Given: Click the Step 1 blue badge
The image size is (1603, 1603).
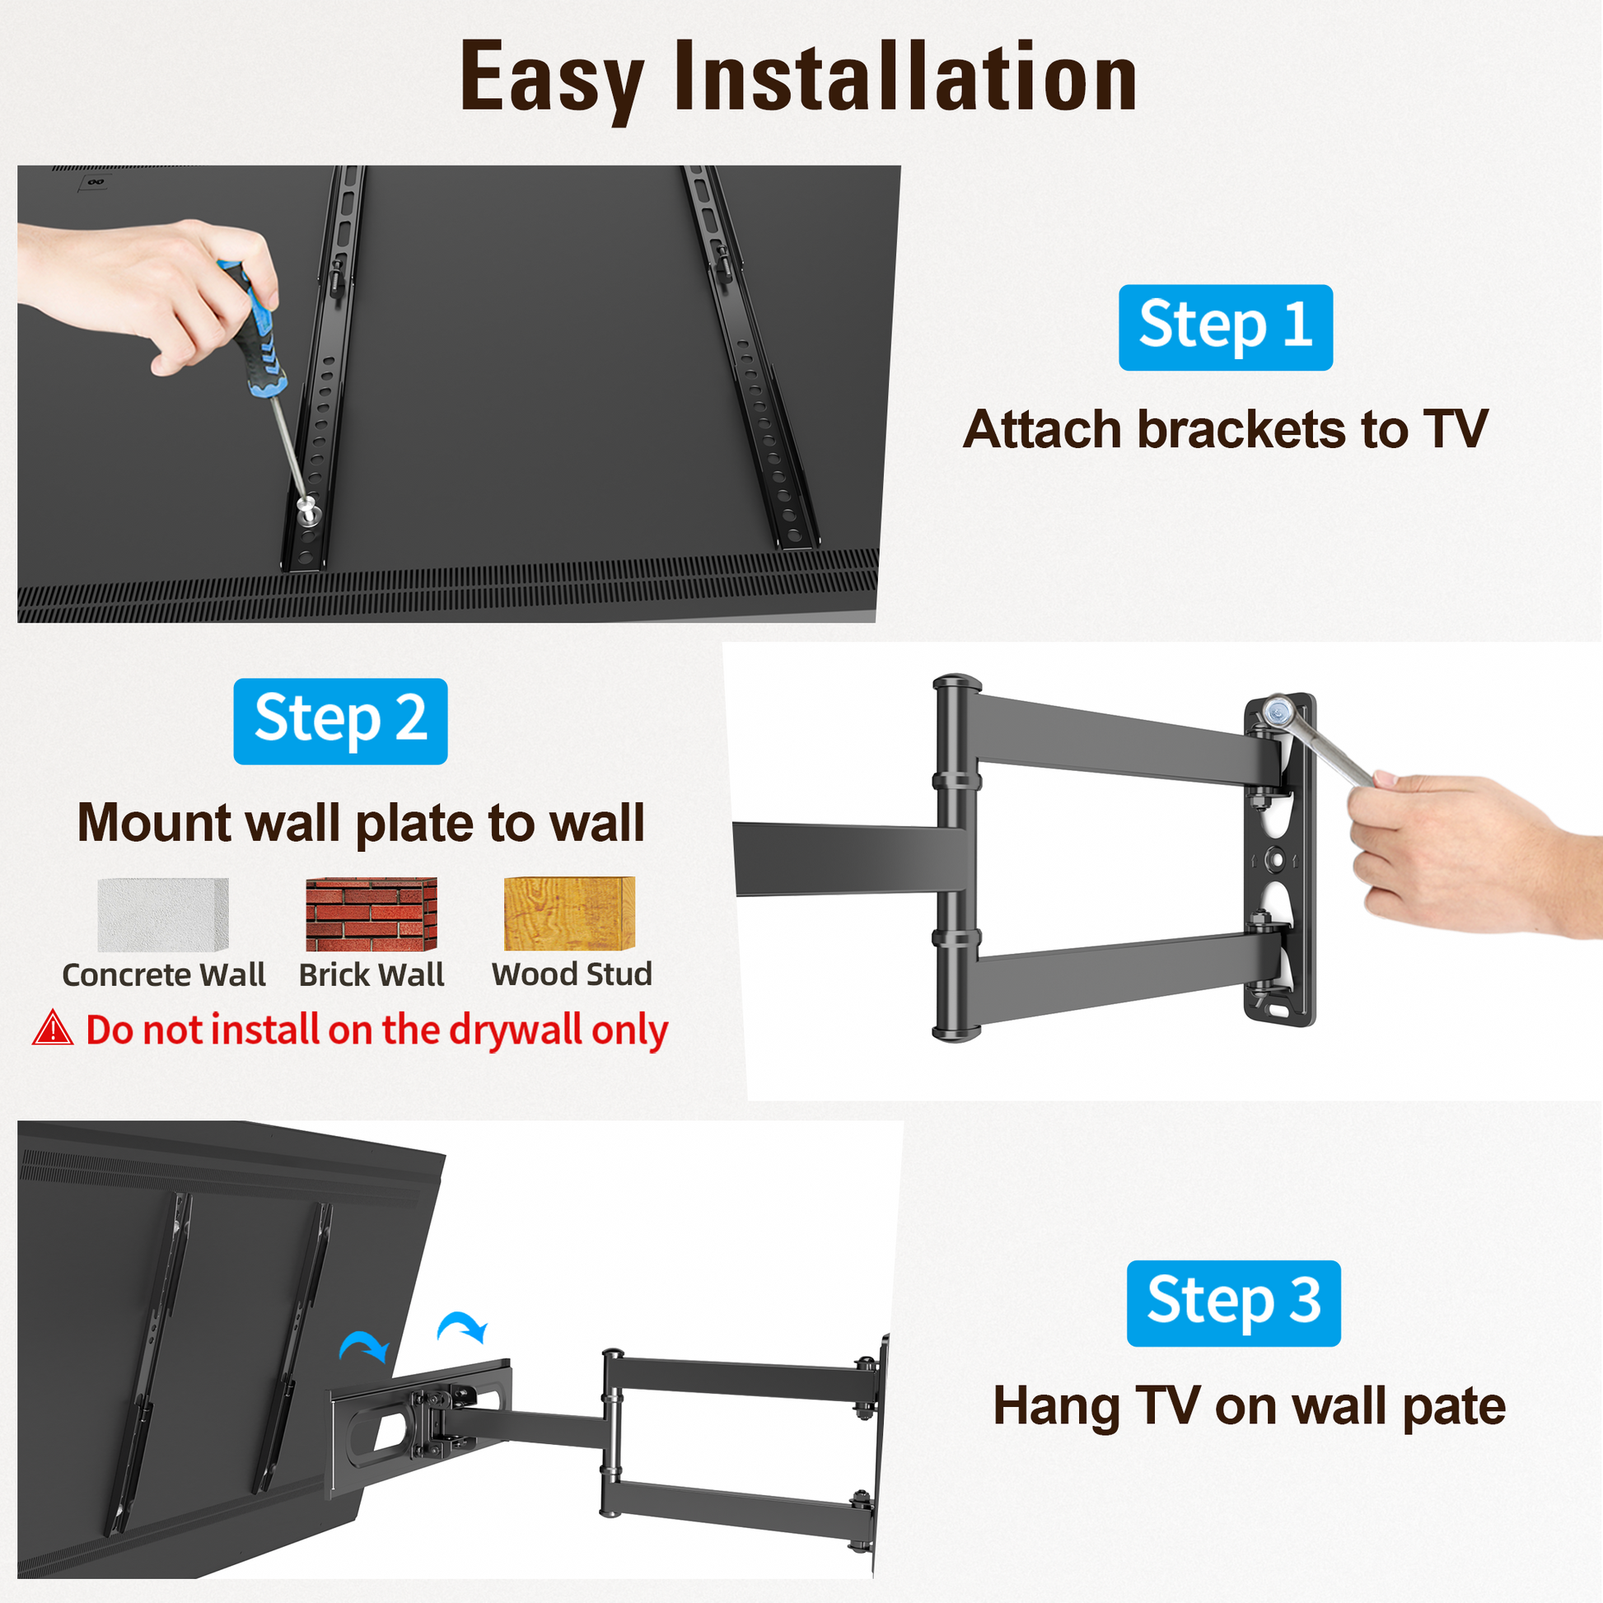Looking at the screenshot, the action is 1226,327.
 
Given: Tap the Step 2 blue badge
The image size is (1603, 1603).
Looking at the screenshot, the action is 340,721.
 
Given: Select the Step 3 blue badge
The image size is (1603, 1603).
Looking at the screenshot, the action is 1233,1302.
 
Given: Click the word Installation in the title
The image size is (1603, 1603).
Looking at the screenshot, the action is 904,77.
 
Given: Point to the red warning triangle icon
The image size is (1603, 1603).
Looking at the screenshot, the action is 53,1027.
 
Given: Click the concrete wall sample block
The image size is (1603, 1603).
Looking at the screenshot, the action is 162,914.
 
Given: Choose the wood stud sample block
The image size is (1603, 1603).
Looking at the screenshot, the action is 569,914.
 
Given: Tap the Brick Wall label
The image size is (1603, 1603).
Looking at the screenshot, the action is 372,974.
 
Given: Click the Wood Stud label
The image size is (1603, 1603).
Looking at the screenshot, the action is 572,974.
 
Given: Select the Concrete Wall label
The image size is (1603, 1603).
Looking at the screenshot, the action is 163,974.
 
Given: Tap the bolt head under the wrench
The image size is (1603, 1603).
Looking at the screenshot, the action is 1275,710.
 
